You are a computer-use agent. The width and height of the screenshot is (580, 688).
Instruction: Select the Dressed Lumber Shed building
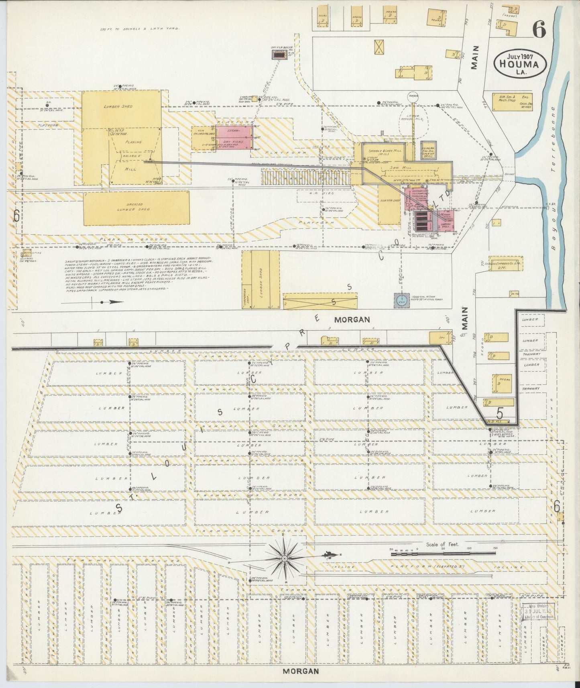coord(136,208)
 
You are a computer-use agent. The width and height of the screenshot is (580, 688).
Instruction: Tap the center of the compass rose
coord(285,558)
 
